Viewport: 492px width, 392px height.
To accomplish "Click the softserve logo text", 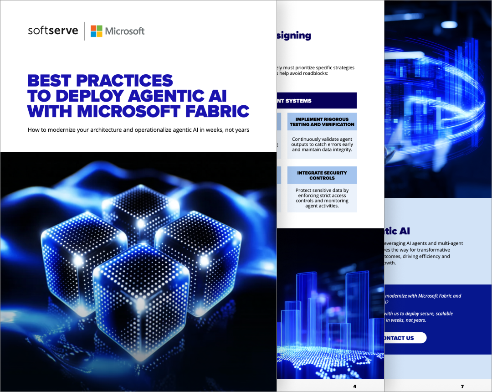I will (x=53, y=31).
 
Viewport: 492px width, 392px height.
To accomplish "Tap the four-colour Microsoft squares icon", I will (x=96, y=31).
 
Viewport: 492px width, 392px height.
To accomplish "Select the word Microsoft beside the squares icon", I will (x=124, y=31).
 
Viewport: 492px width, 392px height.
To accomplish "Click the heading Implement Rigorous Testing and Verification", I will (x=322, y=122).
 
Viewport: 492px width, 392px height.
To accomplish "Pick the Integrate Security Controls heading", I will (x=322, y=175).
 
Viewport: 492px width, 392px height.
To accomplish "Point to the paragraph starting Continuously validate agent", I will (x=322, y=144).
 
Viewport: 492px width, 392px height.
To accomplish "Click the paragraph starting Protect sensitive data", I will (x=322, y=198).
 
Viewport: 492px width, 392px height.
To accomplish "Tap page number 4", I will (x=354, y=387).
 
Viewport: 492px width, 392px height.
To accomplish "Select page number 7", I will (x=462, y=387).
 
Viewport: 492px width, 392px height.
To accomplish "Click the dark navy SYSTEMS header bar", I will (x=316, y=101).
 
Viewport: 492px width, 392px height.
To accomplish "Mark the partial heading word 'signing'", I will (x=294, y=36).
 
